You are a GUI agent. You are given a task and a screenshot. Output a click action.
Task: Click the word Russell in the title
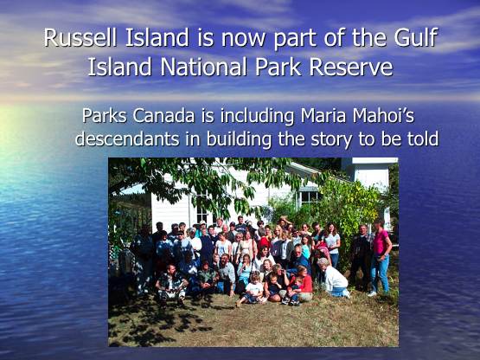point(80,37)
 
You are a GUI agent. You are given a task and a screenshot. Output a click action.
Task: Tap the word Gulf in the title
point(415,37)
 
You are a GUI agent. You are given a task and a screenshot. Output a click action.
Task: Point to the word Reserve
point(351,67)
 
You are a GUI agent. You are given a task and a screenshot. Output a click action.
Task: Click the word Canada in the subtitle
point(163,116)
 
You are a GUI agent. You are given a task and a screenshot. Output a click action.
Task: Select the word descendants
point(127,138)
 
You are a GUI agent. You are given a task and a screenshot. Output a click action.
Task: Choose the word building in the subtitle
point(239,139)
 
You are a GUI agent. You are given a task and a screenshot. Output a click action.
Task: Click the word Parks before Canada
point(104,116)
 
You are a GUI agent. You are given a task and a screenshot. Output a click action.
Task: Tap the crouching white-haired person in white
point(334,278)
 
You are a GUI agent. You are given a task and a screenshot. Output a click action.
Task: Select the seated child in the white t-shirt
point(252,289)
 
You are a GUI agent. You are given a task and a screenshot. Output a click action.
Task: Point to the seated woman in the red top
point(302,284)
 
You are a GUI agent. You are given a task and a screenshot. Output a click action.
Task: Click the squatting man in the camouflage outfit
point(171,283)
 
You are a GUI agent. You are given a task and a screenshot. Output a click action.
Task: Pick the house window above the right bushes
point(309,198)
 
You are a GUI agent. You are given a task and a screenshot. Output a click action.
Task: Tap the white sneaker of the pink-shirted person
point(372,293)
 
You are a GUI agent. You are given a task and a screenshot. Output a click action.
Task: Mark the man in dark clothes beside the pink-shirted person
point(362,257)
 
